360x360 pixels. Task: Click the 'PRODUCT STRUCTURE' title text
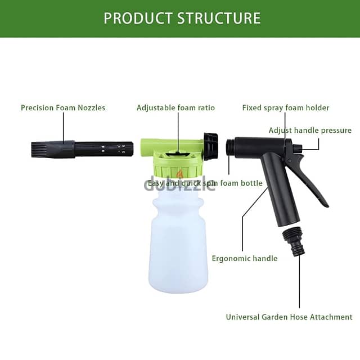coord(182,17)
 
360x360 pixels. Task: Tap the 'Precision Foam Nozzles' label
coord(63,107)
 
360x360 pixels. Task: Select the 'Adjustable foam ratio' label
coord(175,107)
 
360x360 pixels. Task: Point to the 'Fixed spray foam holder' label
coord(286,107)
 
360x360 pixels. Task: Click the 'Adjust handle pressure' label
coord(310,130)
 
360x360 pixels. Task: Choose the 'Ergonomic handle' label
coord(245,258)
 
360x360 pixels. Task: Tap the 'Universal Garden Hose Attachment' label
coord(289,317)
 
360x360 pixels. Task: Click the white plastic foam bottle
coord(179,242)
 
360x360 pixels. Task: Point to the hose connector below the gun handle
coord(294,240)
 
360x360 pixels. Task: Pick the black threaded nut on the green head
coord(211,146)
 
